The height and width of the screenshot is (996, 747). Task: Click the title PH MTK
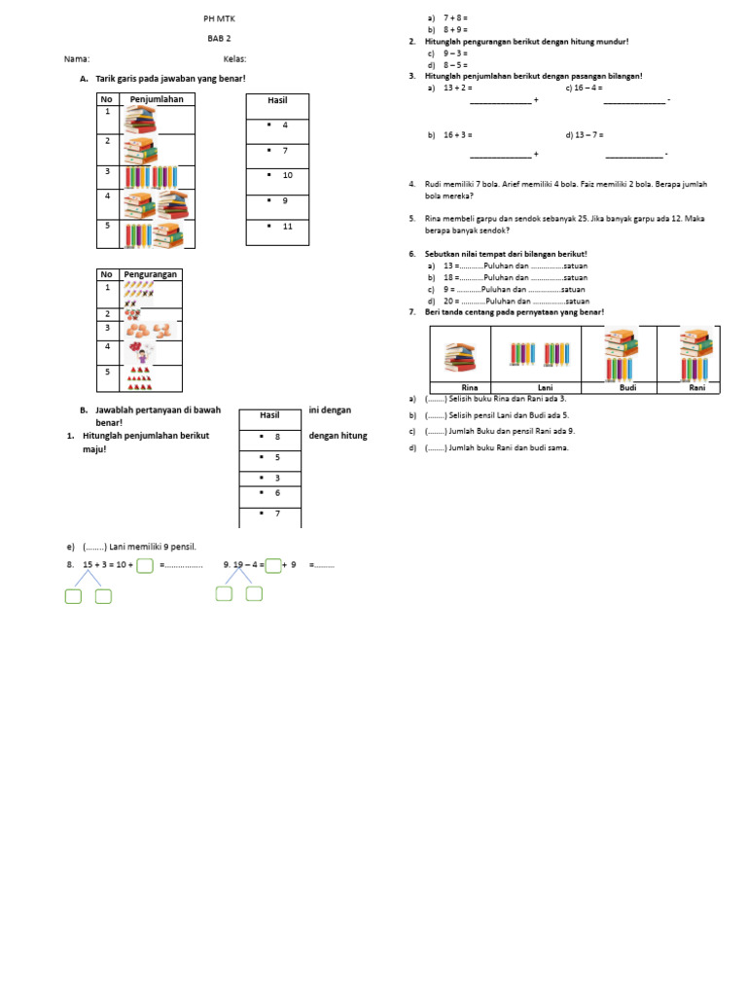click(218, 18)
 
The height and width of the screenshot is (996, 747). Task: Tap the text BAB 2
click(218, 39)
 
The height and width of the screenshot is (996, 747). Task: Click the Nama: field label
click(76, 58)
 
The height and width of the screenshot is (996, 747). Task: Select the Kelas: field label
click(234, 58)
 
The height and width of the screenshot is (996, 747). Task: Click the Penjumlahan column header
click(156, 99)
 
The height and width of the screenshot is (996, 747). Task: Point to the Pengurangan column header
click(150, 274)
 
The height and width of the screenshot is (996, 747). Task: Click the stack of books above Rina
click(461, 357)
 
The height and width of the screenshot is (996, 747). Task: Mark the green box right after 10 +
click(145, 565)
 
